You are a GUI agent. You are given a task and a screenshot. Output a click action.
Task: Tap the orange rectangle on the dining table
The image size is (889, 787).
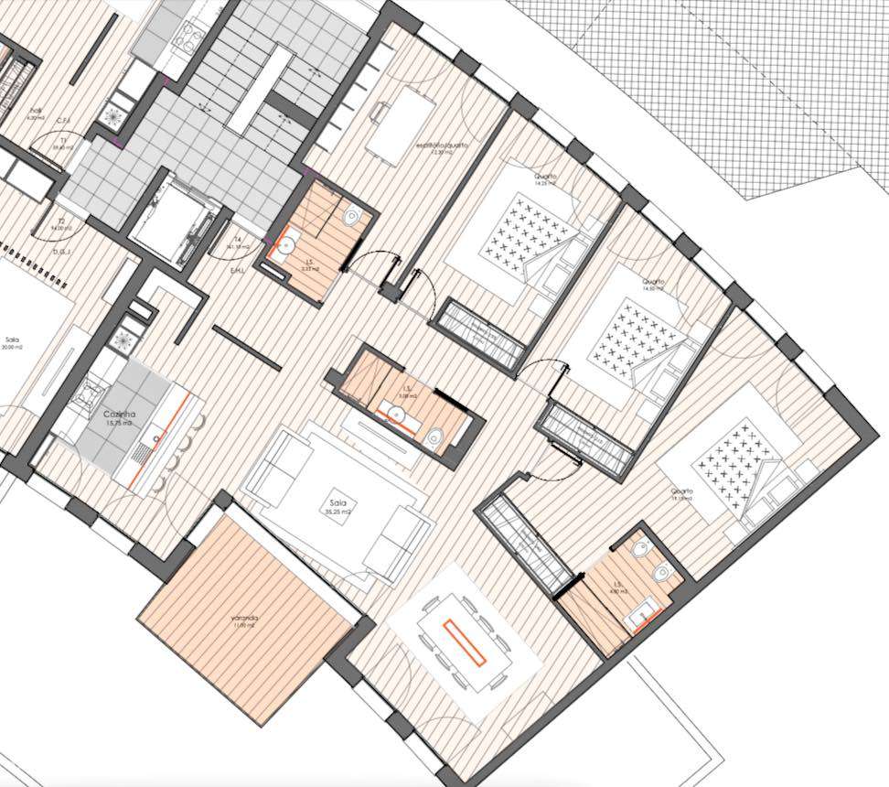[465, 641]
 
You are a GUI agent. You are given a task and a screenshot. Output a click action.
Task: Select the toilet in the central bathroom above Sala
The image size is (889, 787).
[435, 439]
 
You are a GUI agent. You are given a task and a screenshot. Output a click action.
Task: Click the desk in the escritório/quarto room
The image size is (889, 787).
[402, 127]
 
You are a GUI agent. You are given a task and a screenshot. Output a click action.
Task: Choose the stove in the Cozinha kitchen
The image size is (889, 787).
[93, 393]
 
